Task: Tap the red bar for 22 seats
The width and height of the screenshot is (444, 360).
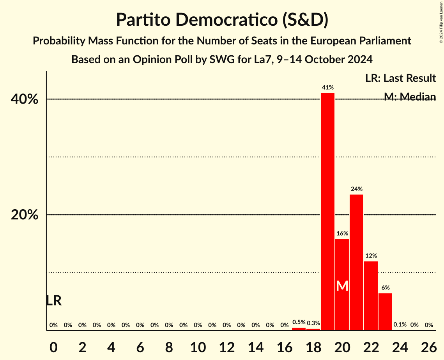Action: (371, 296)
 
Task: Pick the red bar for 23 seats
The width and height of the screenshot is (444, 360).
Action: (385, 312)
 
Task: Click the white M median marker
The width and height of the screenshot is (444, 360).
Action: (342, 286)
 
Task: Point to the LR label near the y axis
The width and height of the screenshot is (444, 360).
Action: (53, 301)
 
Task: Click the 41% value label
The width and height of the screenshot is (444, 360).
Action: (327, 88)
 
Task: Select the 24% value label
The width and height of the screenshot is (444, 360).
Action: (356, 189)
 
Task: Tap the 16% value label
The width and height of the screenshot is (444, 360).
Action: (342, 233)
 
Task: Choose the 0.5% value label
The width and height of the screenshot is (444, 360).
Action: (299, 322)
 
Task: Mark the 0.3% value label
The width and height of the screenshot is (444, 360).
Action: (313, 323)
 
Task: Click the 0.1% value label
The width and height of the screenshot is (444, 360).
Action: (400, 325)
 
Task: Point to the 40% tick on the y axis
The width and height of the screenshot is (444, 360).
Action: (25, 99)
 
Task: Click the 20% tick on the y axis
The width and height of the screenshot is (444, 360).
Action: (25, 215)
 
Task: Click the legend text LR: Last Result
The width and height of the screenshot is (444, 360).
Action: (400, 78)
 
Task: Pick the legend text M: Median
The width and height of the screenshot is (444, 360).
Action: (410, 97)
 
